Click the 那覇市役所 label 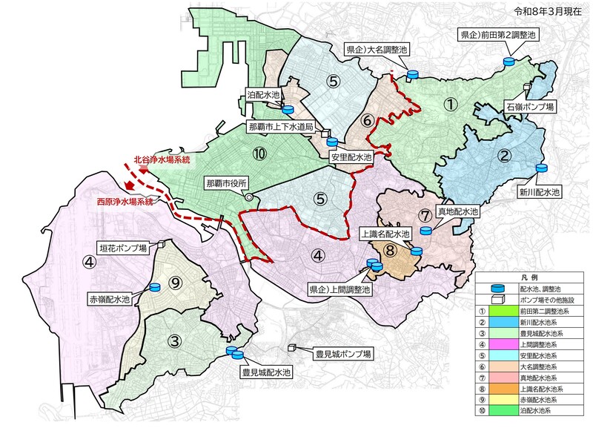pos(227,182)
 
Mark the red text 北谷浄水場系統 pos(162,159)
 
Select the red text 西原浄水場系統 pos(125,201)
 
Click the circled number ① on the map pos(449,105)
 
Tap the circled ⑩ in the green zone pos(258,154)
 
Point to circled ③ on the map pos(174,341)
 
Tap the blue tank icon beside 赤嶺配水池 pos(156,287)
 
